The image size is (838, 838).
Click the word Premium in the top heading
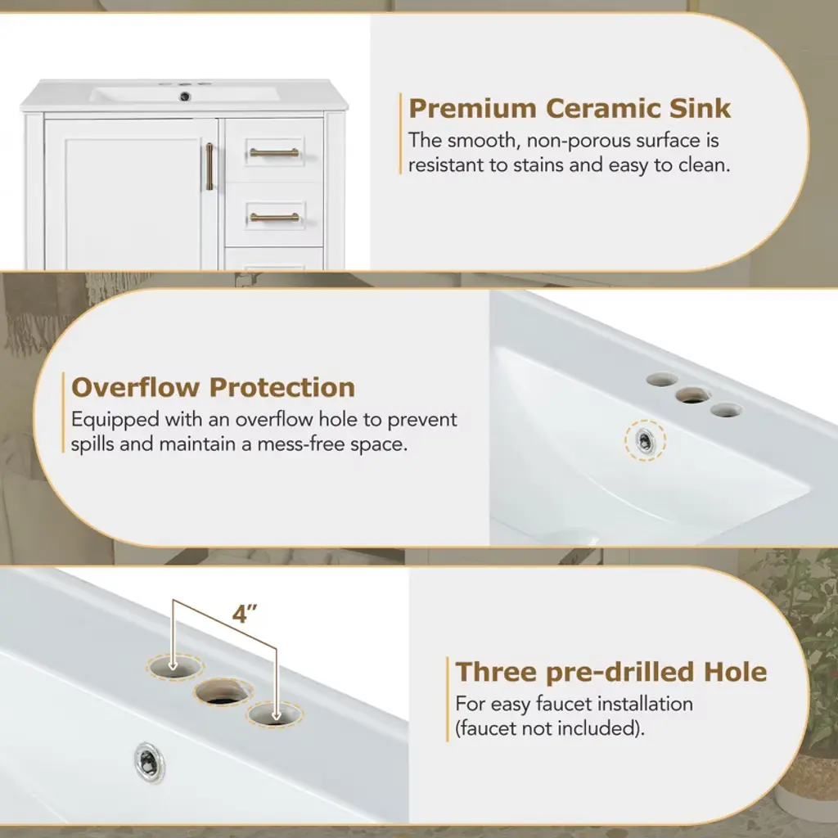click(472, 109)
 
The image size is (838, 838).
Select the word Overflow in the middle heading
click(135, 387)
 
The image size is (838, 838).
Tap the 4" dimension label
click(246, 614)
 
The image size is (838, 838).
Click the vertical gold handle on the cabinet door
click(209, 166)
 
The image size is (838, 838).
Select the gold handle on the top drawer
click(274, 152)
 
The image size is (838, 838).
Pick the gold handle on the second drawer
click(274, 217)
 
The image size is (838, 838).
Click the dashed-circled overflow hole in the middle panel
click(645, 440)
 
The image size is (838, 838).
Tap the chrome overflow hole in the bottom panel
click(150, 762)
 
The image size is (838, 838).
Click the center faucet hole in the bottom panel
click(223, 692)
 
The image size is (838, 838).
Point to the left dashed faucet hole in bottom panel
click(175, 666)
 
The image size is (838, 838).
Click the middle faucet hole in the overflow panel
click(692, 396)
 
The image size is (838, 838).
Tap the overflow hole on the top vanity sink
click(186, 97)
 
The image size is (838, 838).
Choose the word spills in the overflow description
click(92, 444)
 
